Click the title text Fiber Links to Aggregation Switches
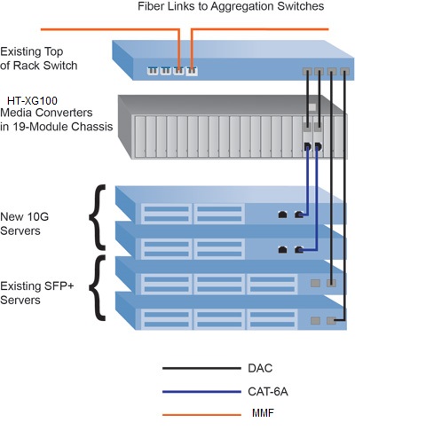tap(231, 6)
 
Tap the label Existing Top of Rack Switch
tap(39, 59)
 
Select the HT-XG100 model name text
tap(32, 101)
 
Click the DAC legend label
tap(260, 368)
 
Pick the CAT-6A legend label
tap(268, 392)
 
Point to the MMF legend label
tap(263, 413)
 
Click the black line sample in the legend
tap(201, 368)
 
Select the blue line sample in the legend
tap(201, 392)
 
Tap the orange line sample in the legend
tap(201, 415)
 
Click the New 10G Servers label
tap(25, 223)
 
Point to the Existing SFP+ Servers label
tap(37, 293)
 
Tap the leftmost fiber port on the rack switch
tap(153, 71)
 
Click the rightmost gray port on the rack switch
tap(344, 72)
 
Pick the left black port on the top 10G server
tap(283, 215)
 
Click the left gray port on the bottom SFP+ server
tap(315, 320)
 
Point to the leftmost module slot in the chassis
tap(140, 137)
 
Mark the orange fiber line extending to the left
tap(110, 29)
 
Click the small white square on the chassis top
tap(312, 107)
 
